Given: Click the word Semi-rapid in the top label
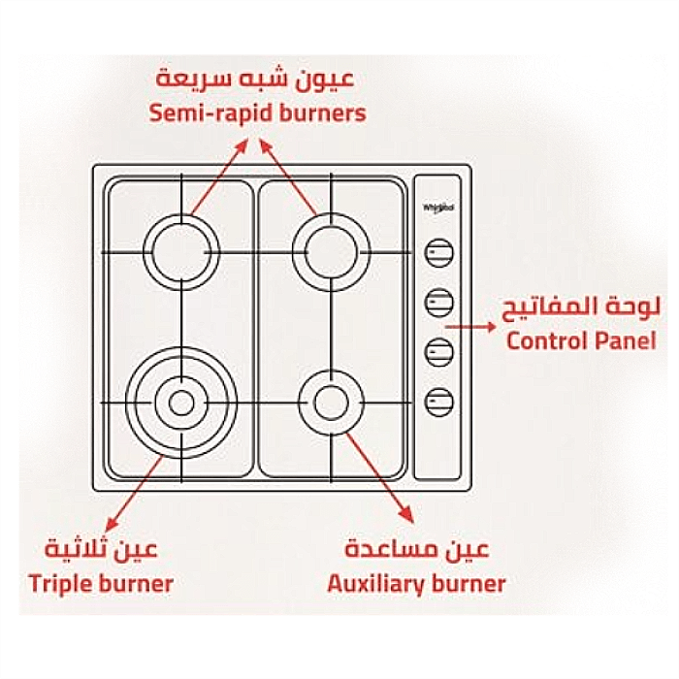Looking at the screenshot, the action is click(x=210, y=113).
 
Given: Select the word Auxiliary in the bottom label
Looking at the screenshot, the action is click(x=375, y=585).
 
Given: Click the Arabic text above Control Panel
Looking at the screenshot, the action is click(x=582, y=308).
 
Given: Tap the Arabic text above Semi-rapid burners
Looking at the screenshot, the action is click(x=255, y=80).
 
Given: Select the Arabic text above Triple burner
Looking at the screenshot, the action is click(x=101, y=549).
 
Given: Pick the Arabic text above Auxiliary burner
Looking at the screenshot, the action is click(x=416, y=549).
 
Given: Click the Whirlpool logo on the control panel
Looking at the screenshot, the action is click(x=438, y=209).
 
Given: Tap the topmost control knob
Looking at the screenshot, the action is click(x=438, y=252).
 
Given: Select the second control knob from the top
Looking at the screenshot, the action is click(x=438, y=303).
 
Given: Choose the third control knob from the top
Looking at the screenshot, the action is click(x=438, y=352).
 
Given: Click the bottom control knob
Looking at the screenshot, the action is click(x=438, y=402).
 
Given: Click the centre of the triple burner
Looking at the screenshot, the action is click(x=181, y=403).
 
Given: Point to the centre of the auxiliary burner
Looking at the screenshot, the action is click(x=331, y=403).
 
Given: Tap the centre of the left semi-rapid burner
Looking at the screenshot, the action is click(x=181, y=252).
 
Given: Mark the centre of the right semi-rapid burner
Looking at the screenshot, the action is click(x=332, y=252).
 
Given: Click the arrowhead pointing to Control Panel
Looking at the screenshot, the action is click(x=490, y=327).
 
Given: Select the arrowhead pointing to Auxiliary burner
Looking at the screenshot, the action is click(x=407, y=515).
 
